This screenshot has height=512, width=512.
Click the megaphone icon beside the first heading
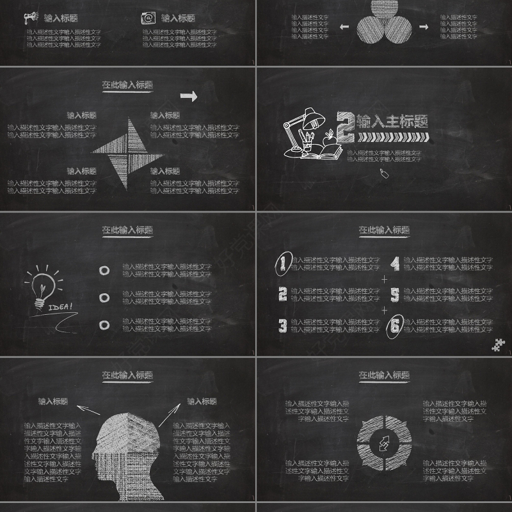point(31,18)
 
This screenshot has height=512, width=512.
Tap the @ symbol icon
point(148,18)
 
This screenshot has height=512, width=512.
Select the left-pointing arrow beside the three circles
point(344,27)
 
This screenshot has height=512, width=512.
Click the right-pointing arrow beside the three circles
point(423,27)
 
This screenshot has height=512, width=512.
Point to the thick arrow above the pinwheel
point(189,96)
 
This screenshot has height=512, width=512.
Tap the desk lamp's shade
point(314,116)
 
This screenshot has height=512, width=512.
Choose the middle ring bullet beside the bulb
point(104,298)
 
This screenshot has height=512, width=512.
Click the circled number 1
point(282,263)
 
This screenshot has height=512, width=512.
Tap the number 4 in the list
point(396,263)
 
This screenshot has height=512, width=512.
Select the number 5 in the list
point(395,294)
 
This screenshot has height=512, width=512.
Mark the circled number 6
point(395,326)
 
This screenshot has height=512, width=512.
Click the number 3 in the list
point(282,325)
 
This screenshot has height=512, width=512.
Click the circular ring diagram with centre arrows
point(385,441)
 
